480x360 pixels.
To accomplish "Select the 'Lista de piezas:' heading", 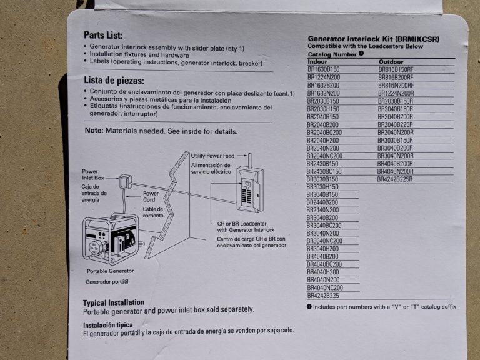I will click(114, 81).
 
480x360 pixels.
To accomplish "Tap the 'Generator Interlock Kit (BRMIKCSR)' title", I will click(374, 39).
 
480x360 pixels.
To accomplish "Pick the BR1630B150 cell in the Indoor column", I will click(323, 69).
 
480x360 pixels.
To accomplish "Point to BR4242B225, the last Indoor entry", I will click(323, 296).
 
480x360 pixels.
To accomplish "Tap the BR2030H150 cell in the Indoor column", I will click(323, 109).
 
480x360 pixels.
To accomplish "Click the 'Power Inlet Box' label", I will click(93, 174).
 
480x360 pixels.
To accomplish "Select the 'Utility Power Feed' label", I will click(217, 155).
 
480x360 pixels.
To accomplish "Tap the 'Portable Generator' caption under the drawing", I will click(111, 272).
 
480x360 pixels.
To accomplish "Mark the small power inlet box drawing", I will click(125, 182).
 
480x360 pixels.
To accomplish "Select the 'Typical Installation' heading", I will click(114, 302).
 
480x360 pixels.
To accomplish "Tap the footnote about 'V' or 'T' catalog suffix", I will click(382, 307).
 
